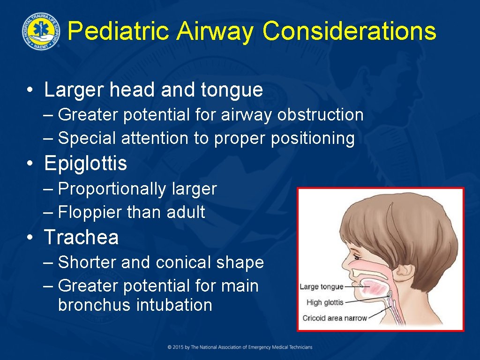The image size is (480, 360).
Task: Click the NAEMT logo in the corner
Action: pyautogui.click(x=41, y=30)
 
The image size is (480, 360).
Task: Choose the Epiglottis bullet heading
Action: pyautogui.click(x=85, y=163)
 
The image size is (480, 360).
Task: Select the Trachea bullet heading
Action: pyautogui.click(x=81, y=237)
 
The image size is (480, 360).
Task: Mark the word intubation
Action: pyautogui.click(x=174, y=305)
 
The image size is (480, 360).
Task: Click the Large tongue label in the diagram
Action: pyautogui.click(x=321, y=287)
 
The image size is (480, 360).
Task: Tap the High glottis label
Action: pyautogui.click(x=325, y=303)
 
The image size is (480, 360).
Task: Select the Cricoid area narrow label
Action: pyautogui.click(x=335, y=318)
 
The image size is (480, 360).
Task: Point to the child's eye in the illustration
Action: pyautogui.click(x=358, y=257)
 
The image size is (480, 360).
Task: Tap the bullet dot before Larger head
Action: pyautogui.click(x=30, y=90)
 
